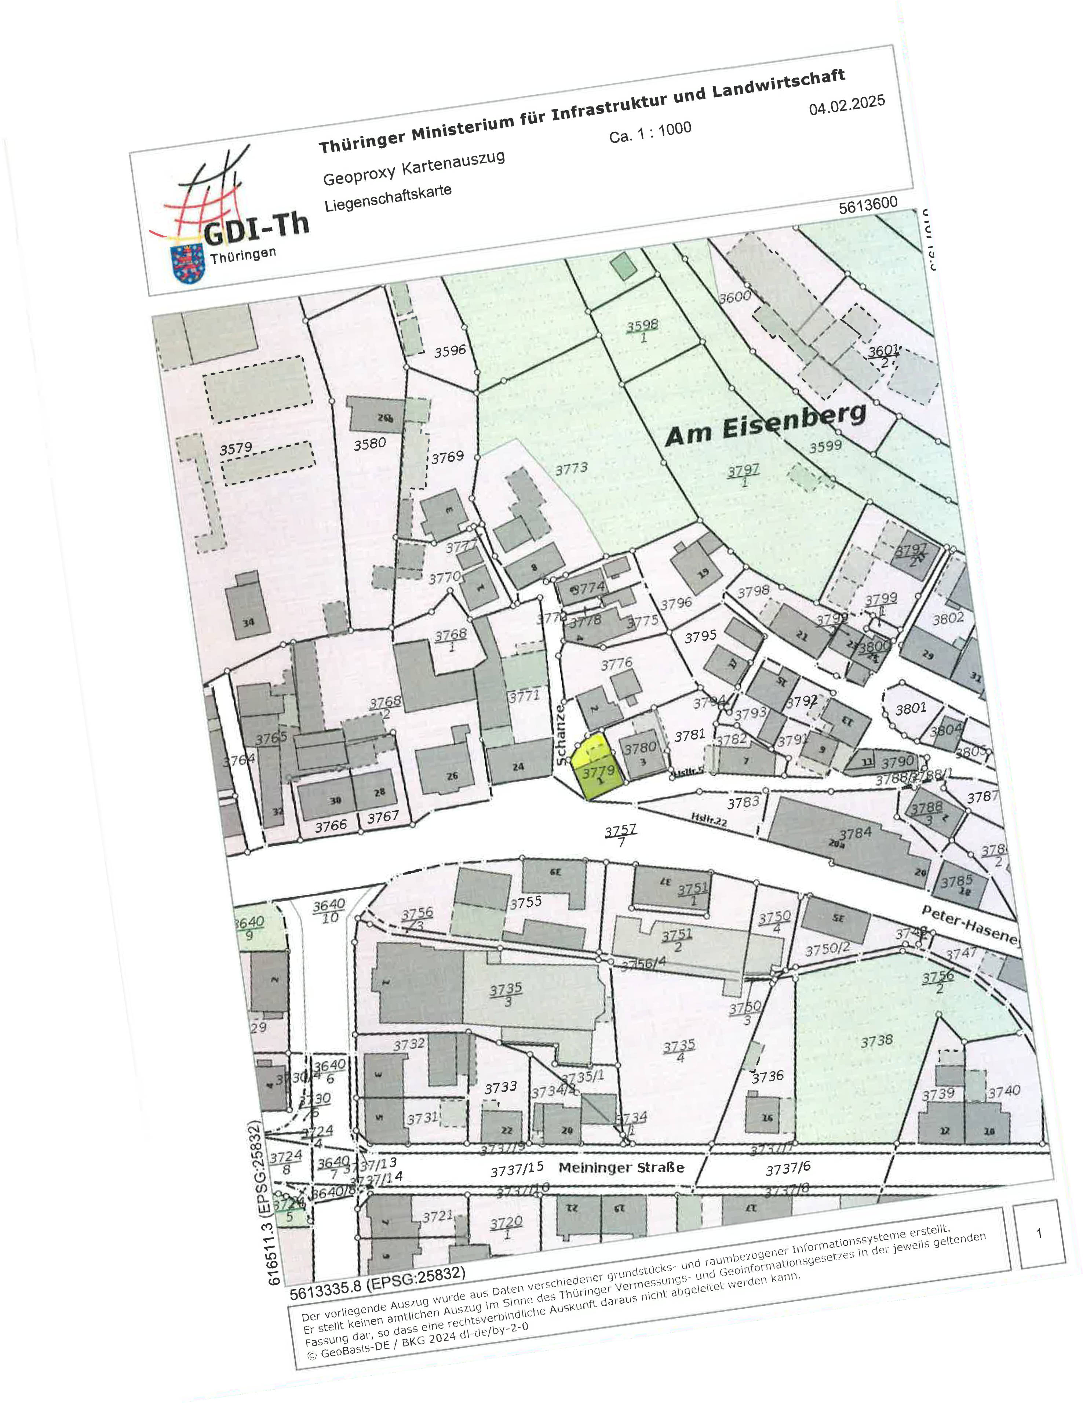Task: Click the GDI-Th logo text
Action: (256, 228)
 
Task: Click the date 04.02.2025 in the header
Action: (847, 105)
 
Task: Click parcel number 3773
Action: (571, 468)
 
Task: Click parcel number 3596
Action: (450, 351)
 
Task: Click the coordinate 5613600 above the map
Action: (867, 205)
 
